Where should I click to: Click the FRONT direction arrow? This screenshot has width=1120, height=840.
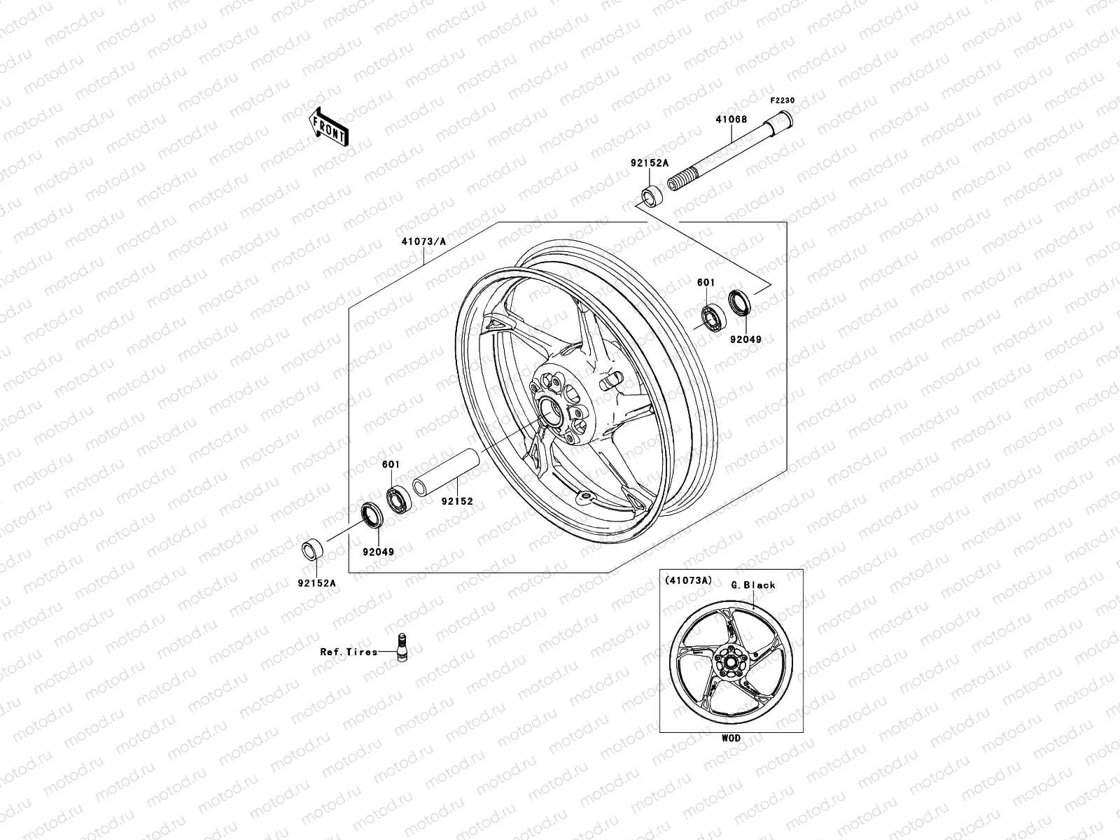(x=339, y=127)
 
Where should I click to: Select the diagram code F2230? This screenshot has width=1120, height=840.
(x=783, y=100)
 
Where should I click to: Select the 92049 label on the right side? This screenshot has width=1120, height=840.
(x=745, y=339)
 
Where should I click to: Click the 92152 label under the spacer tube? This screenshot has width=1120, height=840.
(x=457, y=502)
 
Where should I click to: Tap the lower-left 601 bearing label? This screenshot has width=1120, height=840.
(x=390, y=464)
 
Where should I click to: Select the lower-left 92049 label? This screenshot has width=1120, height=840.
(x=378, y=552)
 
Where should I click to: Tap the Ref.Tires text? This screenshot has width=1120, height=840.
(x=349, y=652)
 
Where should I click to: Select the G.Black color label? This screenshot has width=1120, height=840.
(x=752, y=585)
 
